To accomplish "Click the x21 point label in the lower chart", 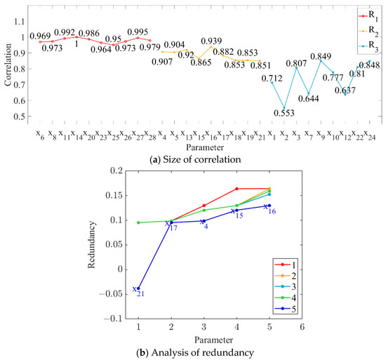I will pyautogui.click(x=138, y=291).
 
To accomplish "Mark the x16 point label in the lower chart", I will pyautogui.click(x=269, y=208).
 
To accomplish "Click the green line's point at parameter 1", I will pyautogui.click(x=139, y=222).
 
